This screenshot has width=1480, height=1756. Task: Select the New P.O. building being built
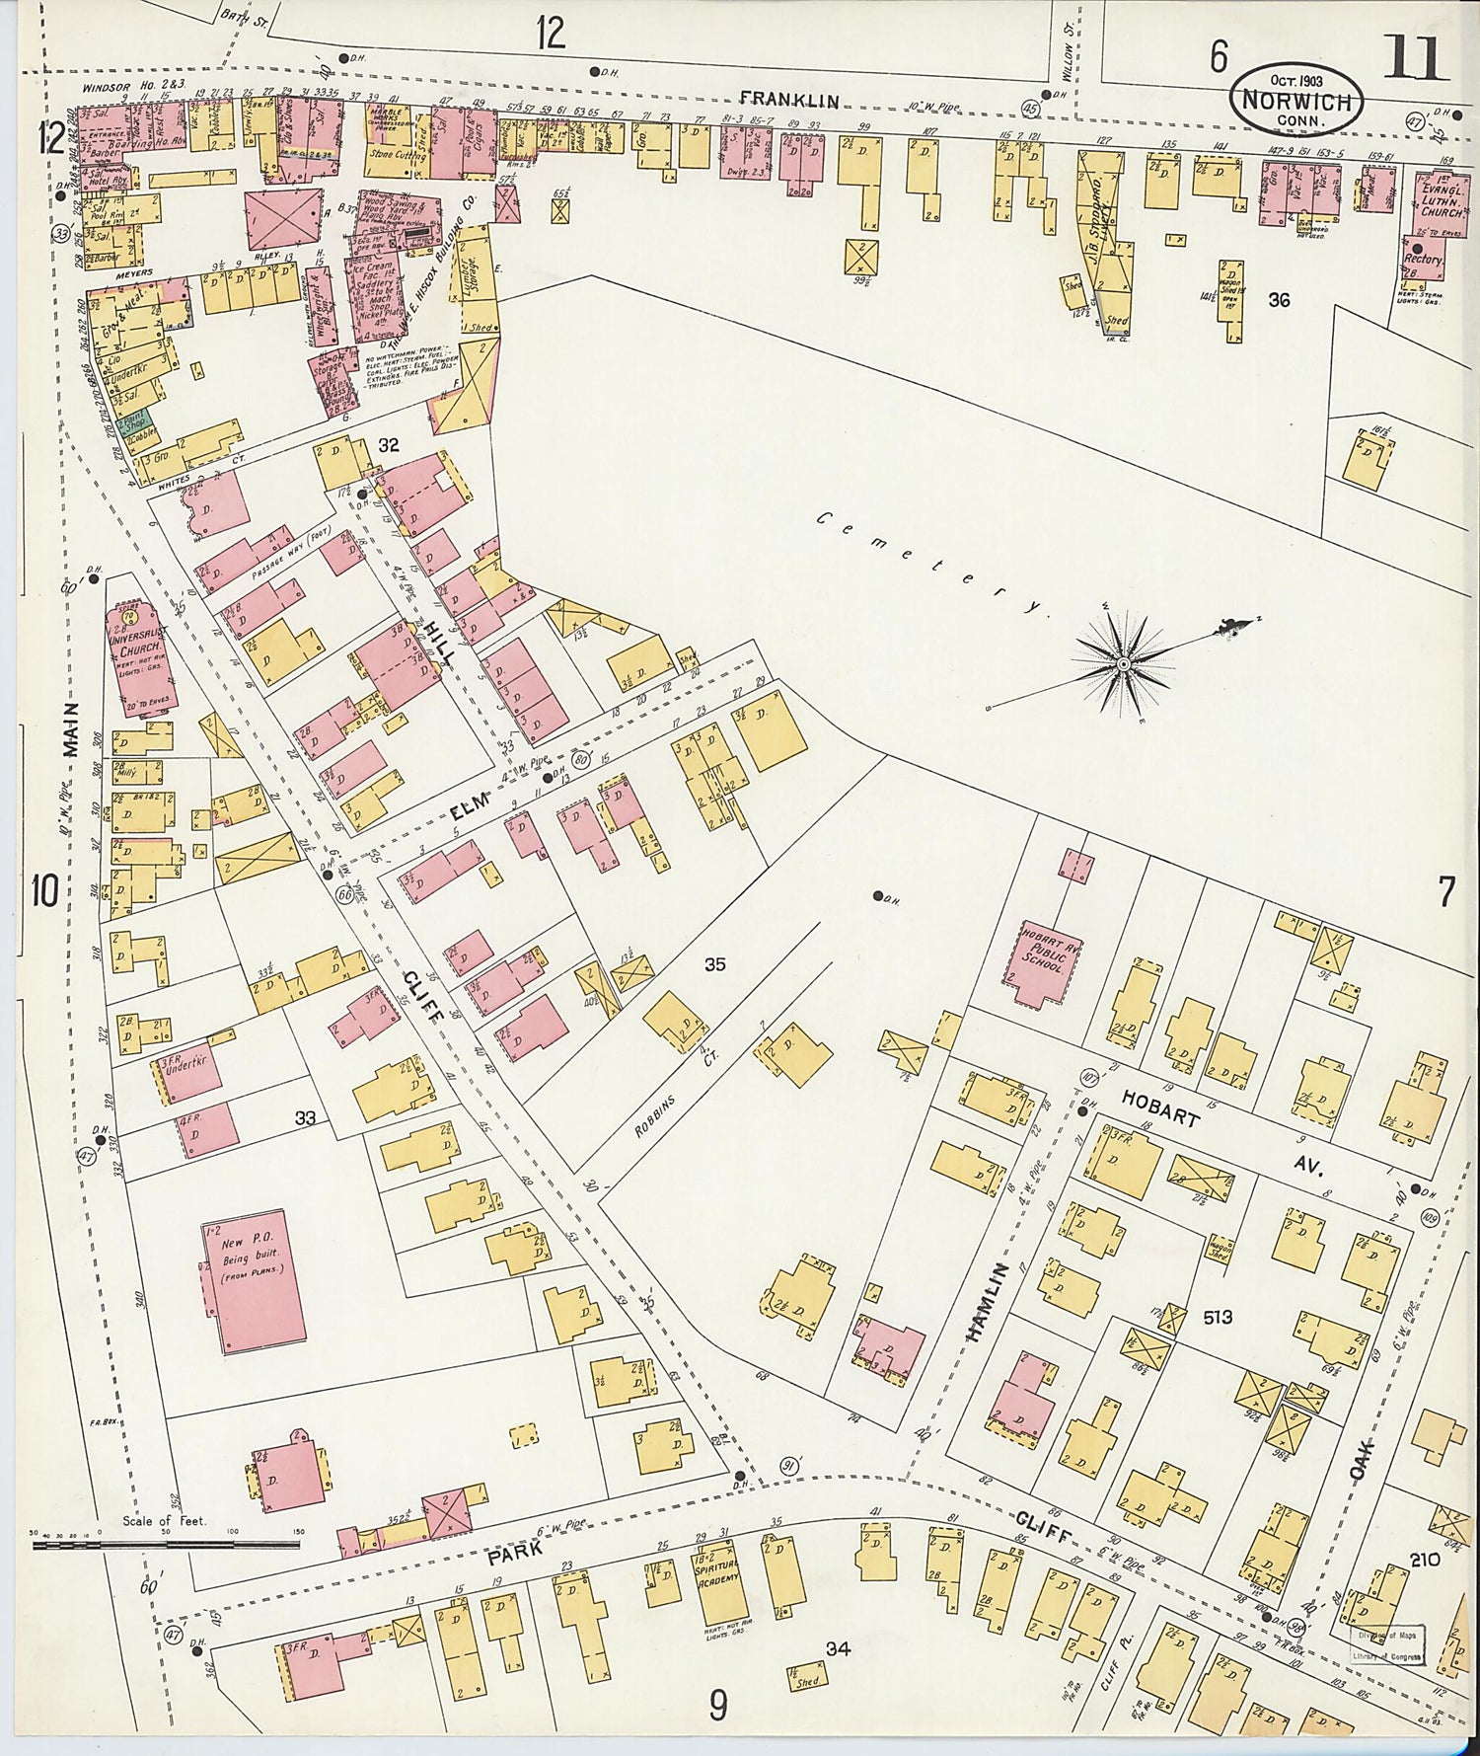coord(252,1279)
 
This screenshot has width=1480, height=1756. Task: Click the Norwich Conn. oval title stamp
coord(1296,100)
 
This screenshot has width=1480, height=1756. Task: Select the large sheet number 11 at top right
coord(1415,59)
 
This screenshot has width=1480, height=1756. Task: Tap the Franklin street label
coord(789,100)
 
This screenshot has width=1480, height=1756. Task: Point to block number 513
coord(1218,1317)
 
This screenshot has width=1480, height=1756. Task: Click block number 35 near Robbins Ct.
coord(714,964)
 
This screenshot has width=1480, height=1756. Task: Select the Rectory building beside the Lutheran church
coord(1423,263)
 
